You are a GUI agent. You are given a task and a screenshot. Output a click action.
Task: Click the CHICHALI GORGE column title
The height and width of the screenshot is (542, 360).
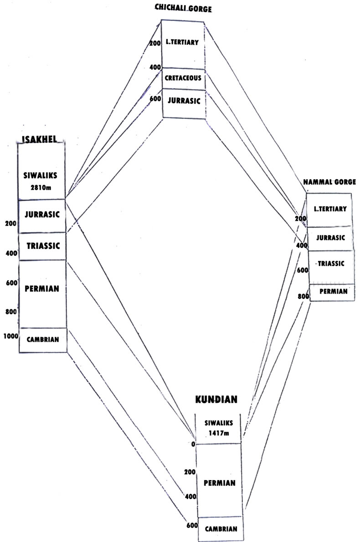tap(184, 8)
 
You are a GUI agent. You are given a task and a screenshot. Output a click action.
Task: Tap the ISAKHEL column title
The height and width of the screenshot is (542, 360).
tap(40, 139)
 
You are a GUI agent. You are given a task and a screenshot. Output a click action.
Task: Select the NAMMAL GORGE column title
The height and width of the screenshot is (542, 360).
tap(329, 182)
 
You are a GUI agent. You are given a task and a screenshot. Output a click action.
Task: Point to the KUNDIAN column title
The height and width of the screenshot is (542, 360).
tap(216, 400)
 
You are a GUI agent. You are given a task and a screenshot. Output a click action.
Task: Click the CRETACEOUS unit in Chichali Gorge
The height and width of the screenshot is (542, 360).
tap(183, 78)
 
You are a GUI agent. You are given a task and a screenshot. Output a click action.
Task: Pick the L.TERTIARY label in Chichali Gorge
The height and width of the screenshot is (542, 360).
tap(183, 43)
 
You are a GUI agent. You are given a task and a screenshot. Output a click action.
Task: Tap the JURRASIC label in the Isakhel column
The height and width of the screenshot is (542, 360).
tap(42, 214)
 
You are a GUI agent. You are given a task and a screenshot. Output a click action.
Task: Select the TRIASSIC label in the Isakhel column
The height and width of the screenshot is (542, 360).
tap(43, 246)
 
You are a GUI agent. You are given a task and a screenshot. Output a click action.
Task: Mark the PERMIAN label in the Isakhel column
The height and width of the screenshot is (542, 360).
tap(42, 289)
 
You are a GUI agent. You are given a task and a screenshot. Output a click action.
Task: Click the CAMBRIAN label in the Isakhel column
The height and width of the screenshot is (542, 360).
tap(43, 340)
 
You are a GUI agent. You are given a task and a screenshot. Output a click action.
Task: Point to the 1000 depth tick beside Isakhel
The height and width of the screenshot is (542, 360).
tap(10, 336)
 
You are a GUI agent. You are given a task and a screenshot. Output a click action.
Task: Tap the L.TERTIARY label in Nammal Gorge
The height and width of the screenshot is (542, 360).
tap(330, 209)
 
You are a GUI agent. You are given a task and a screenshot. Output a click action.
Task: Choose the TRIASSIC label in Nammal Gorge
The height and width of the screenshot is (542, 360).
tap(331, 264)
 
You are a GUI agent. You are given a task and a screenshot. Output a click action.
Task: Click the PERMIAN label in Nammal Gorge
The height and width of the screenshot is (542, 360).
tap(333, 290)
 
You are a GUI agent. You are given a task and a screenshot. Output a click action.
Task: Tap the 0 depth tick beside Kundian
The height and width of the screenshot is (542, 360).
tap(193, 444)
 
